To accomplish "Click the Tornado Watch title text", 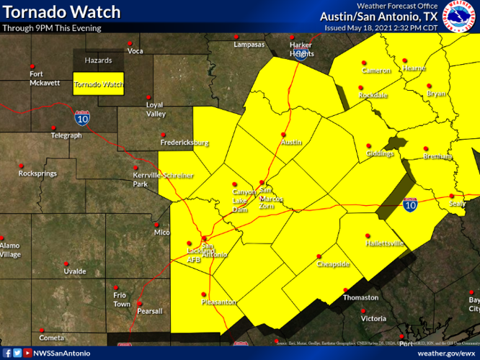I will pos(61,12).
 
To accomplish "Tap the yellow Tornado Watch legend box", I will pos(99,84).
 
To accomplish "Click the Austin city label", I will pos(290,143).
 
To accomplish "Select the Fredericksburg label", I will pos(185,143).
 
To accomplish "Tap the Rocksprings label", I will pos(37,174).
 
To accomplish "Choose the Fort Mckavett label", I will pos(45,78).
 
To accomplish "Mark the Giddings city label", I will pos(380,153).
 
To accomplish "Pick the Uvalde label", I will pos(75,271).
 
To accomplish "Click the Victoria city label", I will pos(373,318).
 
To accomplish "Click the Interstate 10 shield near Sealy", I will pos(410,206).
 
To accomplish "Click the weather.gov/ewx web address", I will pos(447,354).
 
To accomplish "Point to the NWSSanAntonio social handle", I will pos(62,354).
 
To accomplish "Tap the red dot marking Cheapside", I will pos(319,256).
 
